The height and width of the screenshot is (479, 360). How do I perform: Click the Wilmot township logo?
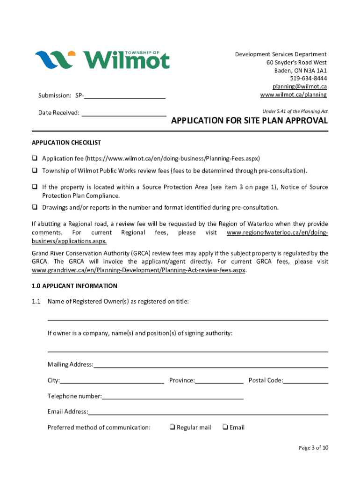102,60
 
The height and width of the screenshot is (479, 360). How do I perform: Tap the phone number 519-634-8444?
308,78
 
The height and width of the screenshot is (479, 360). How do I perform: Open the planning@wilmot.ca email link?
299,87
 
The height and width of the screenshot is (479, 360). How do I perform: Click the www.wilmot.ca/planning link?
293,95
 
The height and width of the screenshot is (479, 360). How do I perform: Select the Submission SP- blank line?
125,96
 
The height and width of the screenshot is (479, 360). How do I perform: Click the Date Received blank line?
124,113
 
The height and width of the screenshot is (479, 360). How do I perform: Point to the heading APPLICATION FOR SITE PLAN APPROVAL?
249,121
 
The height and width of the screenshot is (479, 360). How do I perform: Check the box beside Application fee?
35,158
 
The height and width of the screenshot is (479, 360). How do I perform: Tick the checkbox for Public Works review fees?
35,171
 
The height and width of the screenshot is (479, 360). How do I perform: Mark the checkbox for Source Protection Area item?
35,187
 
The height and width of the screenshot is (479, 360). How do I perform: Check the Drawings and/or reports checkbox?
35,207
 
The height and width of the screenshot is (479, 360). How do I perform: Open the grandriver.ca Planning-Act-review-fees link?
138,270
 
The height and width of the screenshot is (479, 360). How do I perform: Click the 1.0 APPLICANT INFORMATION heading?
74,286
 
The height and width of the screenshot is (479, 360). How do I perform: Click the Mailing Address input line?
210,365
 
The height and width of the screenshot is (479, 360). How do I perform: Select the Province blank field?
219,381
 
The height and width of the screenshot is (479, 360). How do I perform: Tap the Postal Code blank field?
306,381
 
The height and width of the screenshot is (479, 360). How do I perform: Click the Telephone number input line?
173,397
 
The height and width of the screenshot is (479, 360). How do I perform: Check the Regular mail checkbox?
172,427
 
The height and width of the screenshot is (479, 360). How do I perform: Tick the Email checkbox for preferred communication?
225,427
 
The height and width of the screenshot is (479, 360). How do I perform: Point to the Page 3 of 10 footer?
313,448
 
